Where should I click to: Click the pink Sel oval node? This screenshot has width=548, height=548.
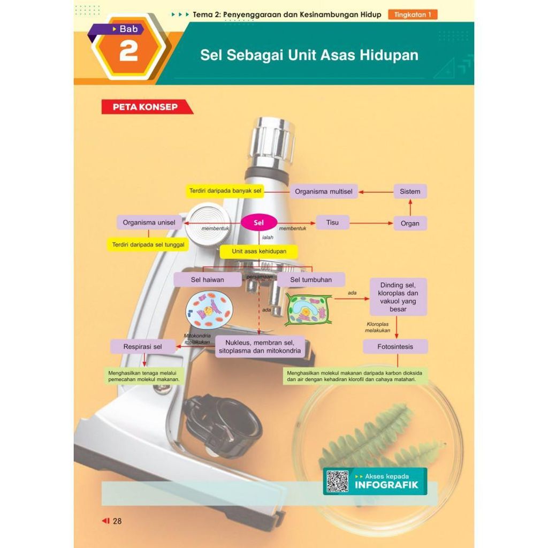pyautogui.click(x=259, y=223)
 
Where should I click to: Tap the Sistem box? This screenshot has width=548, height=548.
pyautogui.click(x=410, y=192)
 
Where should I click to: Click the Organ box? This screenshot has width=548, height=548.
pyautogui.click(x=410, y=224)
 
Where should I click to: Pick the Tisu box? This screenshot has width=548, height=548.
pyautogui.click(x=332, y=223)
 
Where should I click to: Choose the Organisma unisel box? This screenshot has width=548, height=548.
pyautogui.click(x=148, y=223)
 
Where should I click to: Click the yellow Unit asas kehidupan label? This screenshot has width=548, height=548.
pyautogui.click(x=259, y=252)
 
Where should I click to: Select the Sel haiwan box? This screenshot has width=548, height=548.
pyautogui.click(x=207, y=280)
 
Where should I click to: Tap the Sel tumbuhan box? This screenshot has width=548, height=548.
pyautogui.click(x=310, y=280)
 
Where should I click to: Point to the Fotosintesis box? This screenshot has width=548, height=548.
pyautogui.click(x=395, y=347)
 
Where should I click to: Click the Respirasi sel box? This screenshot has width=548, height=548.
pyautogui.click(x=142, y=347)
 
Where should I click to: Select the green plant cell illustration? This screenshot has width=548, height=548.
pyautogui.click(x=308, y=309)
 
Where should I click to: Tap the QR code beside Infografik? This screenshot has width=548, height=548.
pyautogui.click(x=337, y=481)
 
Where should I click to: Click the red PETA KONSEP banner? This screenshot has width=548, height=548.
pyautogui.click(x=146, y=107)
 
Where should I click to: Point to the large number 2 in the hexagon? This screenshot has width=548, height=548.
pyautogui.click(x=128, y=52)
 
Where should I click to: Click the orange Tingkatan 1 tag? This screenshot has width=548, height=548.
pyautogui.click(x=413, y=15)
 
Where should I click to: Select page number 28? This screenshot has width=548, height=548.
pyautogui.click(x=117, y=521)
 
